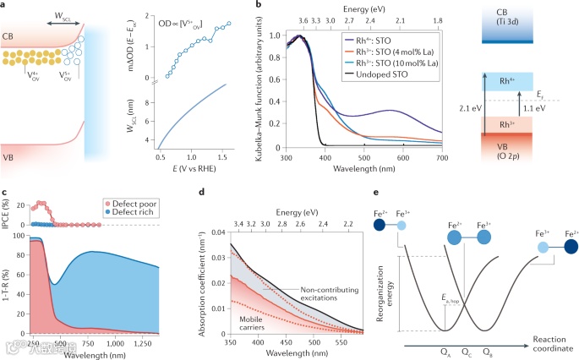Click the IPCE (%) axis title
tap(7, 213)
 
